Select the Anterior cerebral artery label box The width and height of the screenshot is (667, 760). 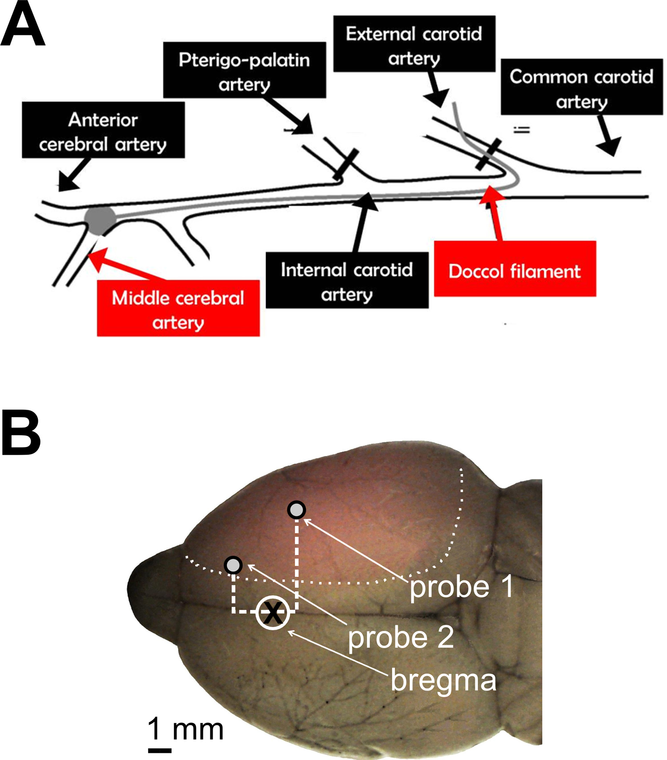click(x=103, y=130)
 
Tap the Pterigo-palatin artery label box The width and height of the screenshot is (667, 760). click(x=245, y=70)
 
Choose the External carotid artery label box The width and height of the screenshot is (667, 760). click(x=414, y=44)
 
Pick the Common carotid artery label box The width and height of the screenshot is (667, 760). click(x=582, y=87)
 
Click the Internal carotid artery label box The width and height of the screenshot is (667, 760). click(x=347, y=280)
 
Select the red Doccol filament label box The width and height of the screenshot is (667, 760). click(x=515, y=268)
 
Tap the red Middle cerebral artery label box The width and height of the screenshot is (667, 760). click(x=178, y=308)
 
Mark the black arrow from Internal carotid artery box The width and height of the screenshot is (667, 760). click(x=361, y=222)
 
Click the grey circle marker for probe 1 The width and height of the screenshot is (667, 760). click(x=297, y=510)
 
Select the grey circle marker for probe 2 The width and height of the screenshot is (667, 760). click(x=233, y=565)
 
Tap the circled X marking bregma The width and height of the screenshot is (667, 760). click(x=273, y=613)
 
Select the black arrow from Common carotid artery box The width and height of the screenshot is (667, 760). click(x=607, y=136)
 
